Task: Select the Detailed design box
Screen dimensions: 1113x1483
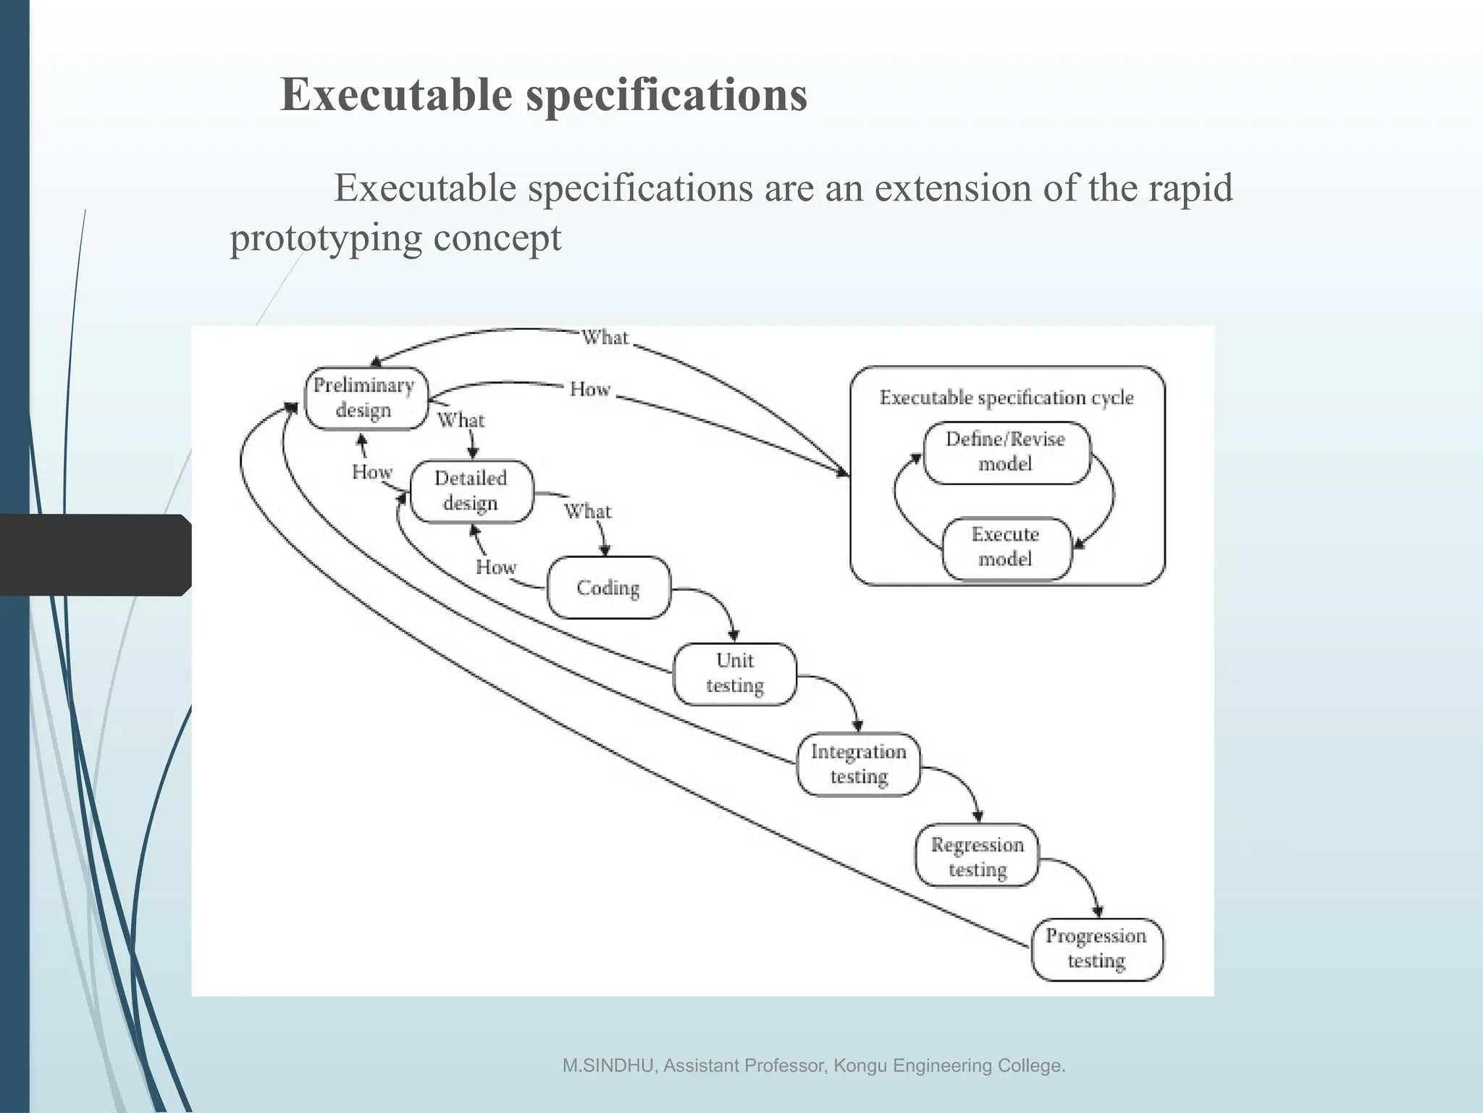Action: coord(471,491)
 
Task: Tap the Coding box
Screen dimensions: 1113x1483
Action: coord(608,588)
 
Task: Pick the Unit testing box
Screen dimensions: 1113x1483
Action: coord(735,673)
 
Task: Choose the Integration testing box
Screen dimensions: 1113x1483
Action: coord(859,764)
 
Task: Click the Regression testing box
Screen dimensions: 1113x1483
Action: coord(977,856)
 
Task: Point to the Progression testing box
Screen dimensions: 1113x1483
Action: coord(1096,949)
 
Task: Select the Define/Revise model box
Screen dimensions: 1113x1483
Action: coord(1006,451)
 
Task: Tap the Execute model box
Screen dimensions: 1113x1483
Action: coord(1006,547)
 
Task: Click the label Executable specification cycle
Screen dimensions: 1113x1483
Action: coord(1007,397)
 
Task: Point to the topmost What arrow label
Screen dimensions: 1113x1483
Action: coord(605,338)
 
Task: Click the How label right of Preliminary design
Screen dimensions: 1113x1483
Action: coord(590,390)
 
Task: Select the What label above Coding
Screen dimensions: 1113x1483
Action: coord(588,512)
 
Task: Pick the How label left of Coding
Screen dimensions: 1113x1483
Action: coord(496,567)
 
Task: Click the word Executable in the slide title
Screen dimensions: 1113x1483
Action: coord(396,95)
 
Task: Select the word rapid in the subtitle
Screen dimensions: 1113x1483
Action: coord(1190,188)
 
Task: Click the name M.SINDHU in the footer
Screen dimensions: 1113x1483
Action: coord(609,1066)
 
